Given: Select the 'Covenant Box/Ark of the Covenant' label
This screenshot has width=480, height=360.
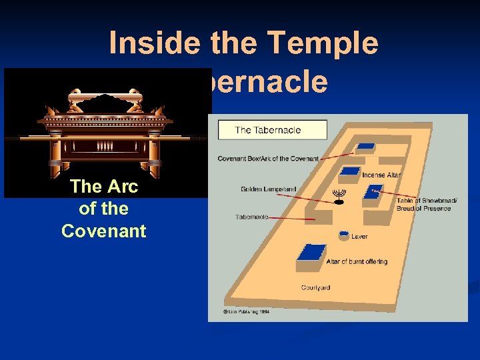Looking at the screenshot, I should [x=267, y=159].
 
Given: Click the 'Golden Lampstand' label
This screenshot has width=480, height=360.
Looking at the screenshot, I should [x=268, y=189].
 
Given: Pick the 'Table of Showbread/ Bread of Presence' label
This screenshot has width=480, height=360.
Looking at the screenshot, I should [x=423, y=204].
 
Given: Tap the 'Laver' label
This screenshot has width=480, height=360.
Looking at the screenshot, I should [x=359, y=237].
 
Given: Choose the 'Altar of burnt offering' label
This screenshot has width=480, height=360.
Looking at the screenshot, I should [x=357, y=262].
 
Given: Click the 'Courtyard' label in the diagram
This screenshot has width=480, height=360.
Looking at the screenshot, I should [x=315, y=288].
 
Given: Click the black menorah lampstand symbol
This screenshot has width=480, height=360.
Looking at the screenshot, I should [x=339, y=196].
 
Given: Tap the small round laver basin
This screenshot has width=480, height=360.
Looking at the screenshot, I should [x=343, y=235].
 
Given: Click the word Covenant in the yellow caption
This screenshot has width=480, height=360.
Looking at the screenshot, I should [x=103, y=231].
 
